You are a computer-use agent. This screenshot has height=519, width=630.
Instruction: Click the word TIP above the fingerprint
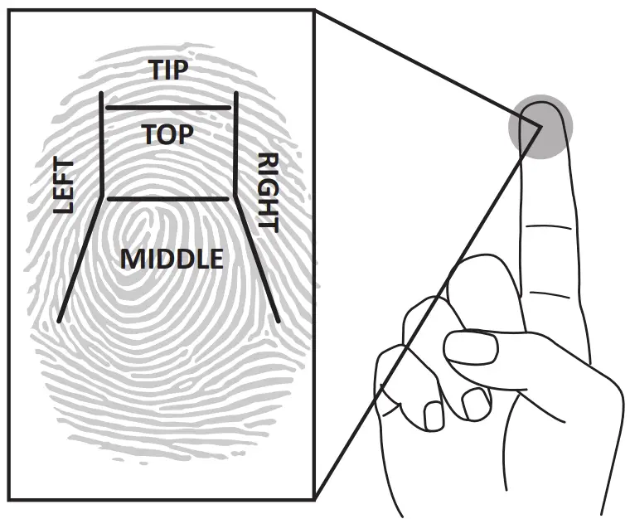coord(168,70)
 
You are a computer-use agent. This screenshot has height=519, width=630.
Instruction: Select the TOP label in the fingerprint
coord(168,133)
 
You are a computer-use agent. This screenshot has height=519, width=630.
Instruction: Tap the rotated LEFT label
coord(64,187)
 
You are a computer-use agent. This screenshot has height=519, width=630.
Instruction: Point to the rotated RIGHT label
coord(268,191)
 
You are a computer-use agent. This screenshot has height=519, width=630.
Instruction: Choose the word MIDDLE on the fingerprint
coord(172,259)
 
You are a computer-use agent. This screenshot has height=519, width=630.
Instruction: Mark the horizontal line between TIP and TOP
coord(168,108)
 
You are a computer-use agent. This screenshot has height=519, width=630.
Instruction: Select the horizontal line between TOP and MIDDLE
coord(168,199)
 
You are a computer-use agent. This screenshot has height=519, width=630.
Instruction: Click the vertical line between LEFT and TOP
coord(101,145)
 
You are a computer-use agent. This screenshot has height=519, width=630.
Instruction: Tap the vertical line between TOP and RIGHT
coord(236,145)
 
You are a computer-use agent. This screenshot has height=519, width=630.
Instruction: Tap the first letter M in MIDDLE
coord(131,259)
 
